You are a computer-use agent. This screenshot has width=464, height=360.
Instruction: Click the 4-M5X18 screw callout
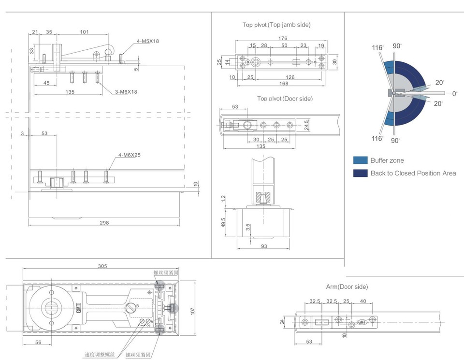point(147,42)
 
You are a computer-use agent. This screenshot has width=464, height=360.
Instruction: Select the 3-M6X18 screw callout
point(126,91)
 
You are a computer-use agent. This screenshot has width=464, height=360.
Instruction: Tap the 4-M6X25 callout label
point(128,156)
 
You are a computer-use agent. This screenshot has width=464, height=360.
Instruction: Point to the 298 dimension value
point(104,223)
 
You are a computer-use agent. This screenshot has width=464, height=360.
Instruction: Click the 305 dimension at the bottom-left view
point(102,266)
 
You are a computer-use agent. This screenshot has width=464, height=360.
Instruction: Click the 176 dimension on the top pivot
point(283,38)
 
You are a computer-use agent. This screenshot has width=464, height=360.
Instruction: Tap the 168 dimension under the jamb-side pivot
point(283,84)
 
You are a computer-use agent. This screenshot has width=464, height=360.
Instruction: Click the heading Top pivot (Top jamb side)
point(276,24)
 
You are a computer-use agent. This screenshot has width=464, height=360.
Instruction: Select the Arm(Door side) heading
point(347,287)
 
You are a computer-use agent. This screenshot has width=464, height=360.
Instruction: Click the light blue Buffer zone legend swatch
point(360,160)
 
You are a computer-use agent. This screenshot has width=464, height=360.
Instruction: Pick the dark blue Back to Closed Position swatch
point(360,173)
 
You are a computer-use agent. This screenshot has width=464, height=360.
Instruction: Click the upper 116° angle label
point(377,47)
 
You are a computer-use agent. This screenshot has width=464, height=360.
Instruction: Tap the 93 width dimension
point(263,246)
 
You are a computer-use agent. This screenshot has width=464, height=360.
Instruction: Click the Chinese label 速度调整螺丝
point(99,354)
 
